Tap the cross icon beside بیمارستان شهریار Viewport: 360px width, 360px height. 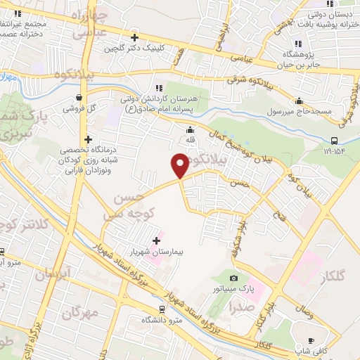(x=156, y=241)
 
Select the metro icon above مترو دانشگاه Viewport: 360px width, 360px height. (x=162, y=309)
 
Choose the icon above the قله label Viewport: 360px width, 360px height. (x=190, y=129)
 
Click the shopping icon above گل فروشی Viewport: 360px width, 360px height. (x=79, y=98)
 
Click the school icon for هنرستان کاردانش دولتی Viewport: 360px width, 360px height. (x=168, y=87)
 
